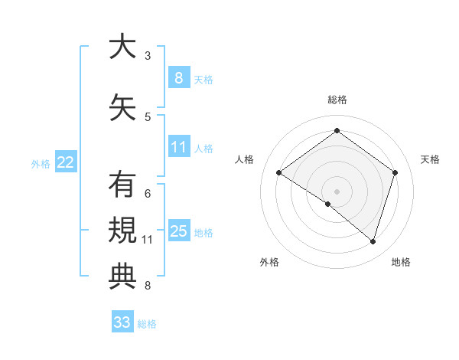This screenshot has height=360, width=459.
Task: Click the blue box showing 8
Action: point(178,77)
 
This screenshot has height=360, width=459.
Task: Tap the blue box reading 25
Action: point(179,231)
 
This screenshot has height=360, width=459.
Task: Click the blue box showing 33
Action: point(122,322)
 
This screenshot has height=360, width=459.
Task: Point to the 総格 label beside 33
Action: point(147,324)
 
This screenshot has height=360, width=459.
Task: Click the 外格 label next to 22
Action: point(40,163)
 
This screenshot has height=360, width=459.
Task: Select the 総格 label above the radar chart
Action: point(337,100)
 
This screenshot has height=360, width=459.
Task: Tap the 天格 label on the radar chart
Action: point(431,159)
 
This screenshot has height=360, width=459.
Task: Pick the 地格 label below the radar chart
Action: point(401,262)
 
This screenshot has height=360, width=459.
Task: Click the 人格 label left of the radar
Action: point(245,159)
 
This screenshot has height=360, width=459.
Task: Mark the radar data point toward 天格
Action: point(395,172)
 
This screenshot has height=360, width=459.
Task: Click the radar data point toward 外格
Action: point(328,204)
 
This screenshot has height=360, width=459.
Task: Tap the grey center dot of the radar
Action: point(337,191)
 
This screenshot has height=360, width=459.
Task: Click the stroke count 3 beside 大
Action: point(148,55)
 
